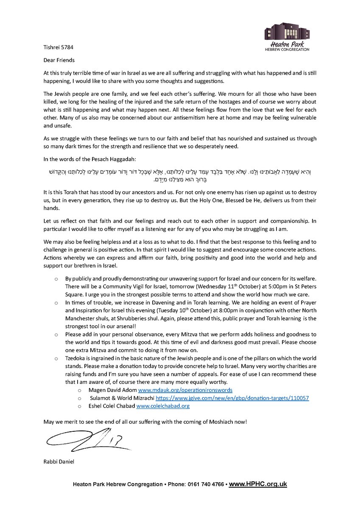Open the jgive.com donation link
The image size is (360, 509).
[x=232, y=398]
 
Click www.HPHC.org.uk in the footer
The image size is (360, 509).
[x=258, y=484]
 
